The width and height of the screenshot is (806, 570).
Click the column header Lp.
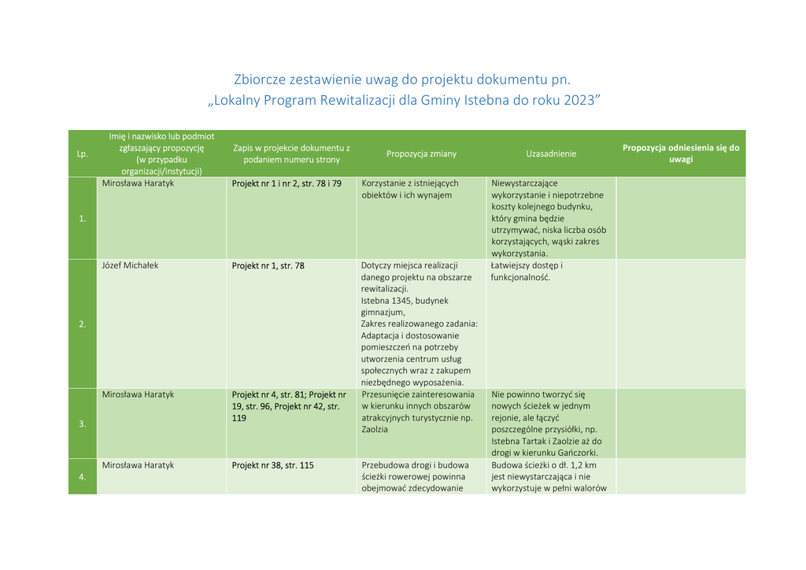pos(82,154)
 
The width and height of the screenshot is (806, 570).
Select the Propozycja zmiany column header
pos(421,154)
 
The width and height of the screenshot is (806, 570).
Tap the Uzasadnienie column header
pos(551,154)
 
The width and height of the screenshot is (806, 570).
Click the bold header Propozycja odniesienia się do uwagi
pos(681,153)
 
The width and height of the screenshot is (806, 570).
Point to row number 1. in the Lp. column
pos(82,218)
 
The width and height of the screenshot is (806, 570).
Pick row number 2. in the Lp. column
pos(82,324)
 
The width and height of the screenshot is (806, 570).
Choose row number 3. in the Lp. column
pos(82,424)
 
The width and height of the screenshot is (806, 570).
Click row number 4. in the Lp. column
pos(82,476)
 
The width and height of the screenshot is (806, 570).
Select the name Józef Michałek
pos(130,265)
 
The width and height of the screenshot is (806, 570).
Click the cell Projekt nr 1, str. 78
pos(268,265)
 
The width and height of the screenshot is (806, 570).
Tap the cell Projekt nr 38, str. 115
pos(272,465)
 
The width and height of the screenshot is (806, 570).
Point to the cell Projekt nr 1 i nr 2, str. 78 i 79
pos(287,183)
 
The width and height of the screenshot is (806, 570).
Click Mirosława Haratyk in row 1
pos(138,183)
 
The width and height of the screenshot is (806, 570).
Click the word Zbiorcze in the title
pos(260,80)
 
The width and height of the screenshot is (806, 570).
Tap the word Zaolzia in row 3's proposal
pos(375,430)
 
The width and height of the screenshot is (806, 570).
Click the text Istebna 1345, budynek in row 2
pos(405,301)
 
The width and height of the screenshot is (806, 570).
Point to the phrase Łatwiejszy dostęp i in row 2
pos(527,265)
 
